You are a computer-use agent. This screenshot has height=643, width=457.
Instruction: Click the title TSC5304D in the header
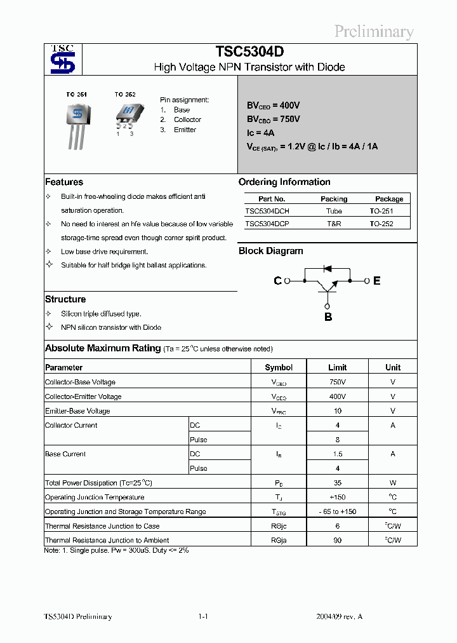pyautogui.click(x=249, y=52)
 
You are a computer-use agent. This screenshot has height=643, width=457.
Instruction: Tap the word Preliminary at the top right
pyautogui.click(x=374, y=32)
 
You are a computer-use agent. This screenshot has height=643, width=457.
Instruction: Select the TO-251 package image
pyautogui.click(x=77, y=125)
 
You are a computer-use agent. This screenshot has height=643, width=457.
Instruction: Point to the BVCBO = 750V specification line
pyautogui.click(x=274, y=119)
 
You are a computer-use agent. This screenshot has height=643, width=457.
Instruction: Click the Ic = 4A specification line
pyautogui.click(x=260, y=133)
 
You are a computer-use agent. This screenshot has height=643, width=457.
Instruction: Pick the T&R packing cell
pyautogui.click(x=334, y=224)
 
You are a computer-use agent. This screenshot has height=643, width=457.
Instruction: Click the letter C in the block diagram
pyautogui.click(x=277, y=281)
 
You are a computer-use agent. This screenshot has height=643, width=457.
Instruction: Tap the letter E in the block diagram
pyautogui.click(x=377, y=281)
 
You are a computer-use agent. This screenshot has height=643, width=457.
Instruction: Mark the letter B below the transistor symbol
pyautogui.click(x=328, y=317)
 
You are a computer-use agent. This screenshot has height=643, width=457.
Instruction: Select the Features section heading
pyautogui.click(x=64, y=182)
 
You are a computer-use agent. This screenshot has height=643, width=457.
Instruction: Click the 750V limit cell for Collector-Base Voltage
pyautogui.click(x=338, y=382)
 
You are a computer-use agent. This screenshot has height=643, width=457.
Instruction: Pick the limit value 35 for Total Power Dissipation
pyautogui.click(x=338, y=483)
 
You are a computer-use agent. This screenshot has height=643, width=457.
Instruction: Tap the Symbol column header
pyautogui.click(x=279, y=367)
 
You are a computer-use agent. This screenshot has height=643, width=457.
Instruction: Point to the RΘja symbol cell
pyautogui.click(x=279, y=540)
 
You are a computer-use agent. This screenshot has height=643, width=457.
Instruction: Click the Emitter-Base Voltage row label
pyautogui.click(x=77, y=411)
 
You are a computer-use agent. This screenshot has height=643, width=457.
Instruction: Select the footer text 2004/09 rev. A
pyautogui.click(x=340, y=616)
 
